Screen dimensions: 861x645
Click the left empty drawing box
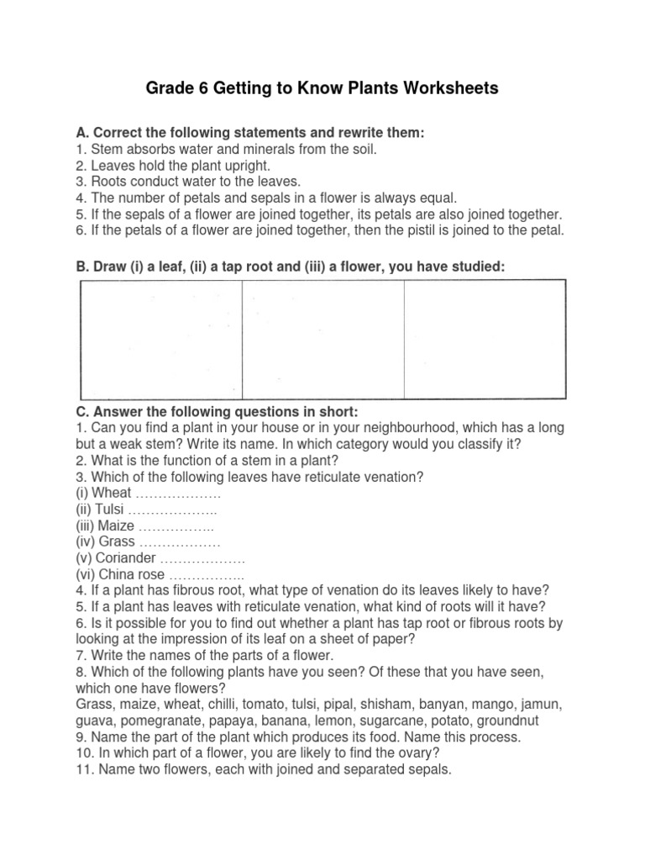[x=161, y=339]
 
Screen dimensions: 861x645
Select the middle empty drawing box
[x=323, y=339]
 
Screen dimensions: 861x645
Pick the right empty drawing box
[x=485, y=339]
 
